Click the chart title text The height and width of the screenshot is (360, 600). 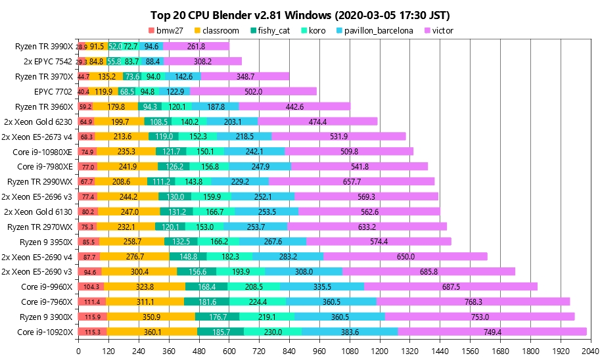click(x=300, y=15)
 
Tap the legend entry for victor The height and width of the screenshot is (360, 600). click(x=438, y=31)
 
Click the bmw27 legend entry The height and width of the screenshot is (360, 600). click(x=167, y=31)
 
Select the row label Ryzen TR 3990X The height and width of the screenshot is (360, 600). click(x=45, y=47)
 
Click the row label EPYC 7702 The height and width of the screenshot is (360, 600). click(x=55, y=91)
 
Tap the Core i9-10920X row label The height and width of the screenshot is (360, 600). click(x=47, y=332)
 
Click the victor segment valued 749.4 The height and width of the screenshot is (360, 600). click(x=492, y=332)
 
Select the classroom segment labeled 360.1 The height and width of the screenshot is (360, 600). click(x=152, y=332)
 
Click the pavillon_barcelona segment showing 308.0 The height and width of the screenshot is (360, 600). click(x=304, y=271)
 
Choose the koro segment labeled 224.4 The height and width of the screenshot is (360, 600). click(x=258, y=302)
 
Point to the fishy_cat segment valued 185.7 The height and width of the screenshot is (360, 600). click(x=221, y=332)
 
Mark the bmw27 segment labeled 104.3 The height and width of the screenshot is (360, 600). click(x=91, y=286)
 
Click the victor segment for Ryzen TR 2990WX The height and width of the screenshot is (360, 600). click(x=352, y=181)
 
